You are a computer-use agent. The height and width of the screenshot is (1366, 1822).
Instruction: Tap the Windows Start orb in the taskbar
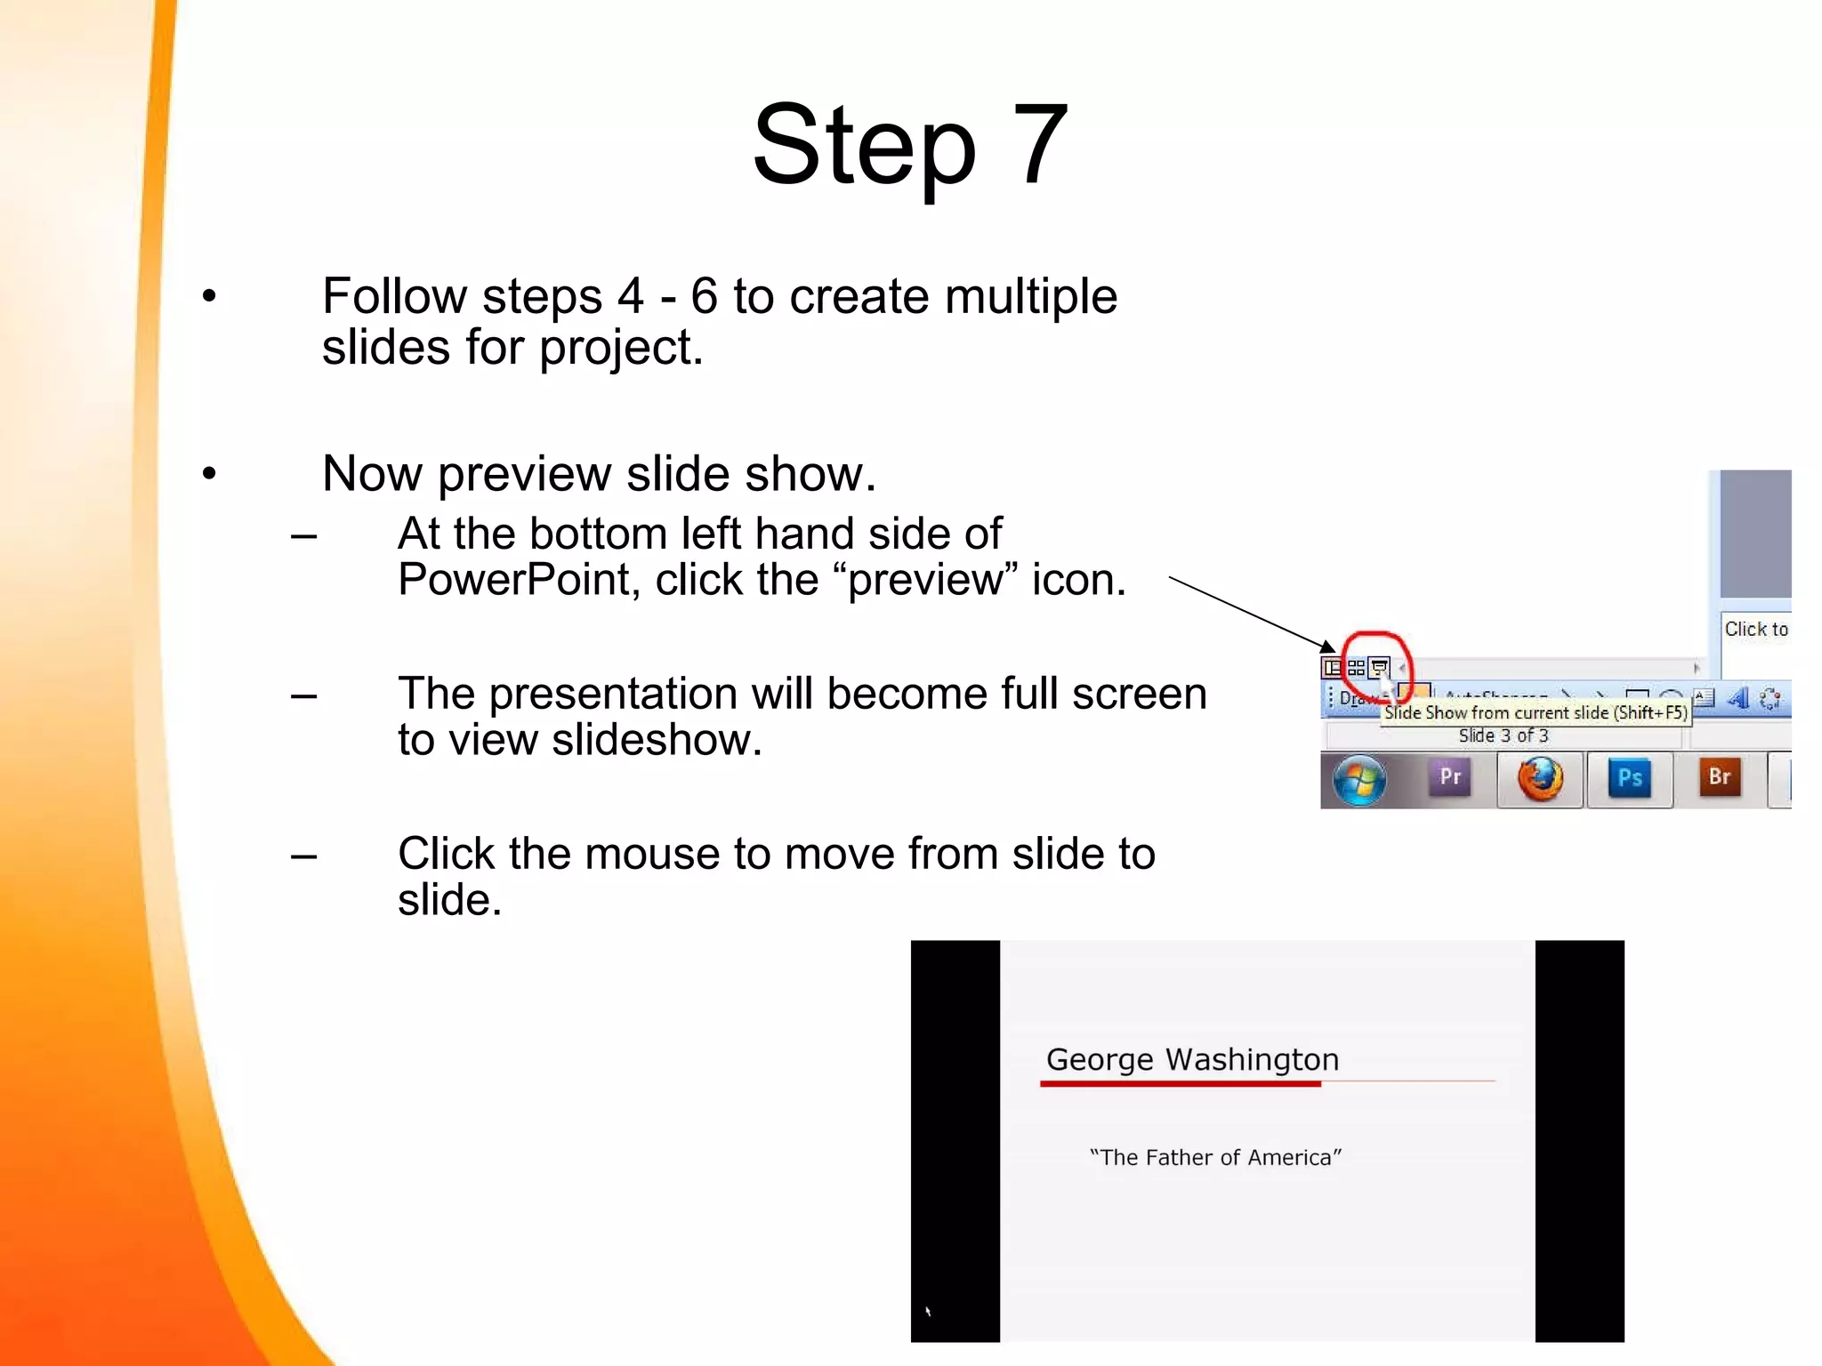(x=1358, y=780)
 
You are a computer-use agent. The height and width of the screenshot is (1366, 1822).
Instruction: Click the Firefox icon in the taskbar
(x=1540, y=779)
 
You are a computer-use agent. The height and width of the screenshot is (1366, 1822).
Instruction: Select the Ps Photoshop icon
(x=1629, y=778)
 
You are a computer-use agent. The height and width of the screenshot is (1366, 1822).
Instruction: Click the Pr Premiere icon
(x=1450, y=777)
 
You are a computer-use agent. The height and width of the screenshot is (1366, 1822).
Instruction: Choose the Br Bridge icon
(x=1720, y=777)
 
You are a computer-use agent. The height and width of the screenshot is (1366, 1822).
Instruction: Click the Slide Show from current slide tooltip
(x=1535, y=712)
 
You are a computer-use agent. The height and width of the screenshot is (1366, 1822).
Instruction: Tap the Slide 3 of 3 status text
(x=1503, y=735)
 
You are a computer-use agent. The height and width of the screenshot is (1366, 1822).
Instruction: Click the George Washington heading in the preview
(x=1192, y=1059)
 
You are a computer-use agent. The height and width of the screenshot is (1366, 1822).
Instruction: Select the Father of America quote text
(x=1215, y=1157)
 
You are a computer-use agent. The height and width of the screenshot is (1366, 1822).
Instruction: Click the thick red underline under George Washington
(x=1180, y=1083)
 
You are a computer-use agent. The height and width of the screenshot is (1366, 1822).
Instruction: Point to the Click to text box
(x=1755, y=630)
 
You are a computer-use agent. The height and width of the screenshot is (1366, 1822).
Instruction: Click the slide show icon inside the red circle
(x=1379, y=666)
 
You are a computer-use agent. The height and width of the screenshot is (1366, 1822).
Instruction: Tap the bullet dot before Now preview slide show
(x=209, y=473)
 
